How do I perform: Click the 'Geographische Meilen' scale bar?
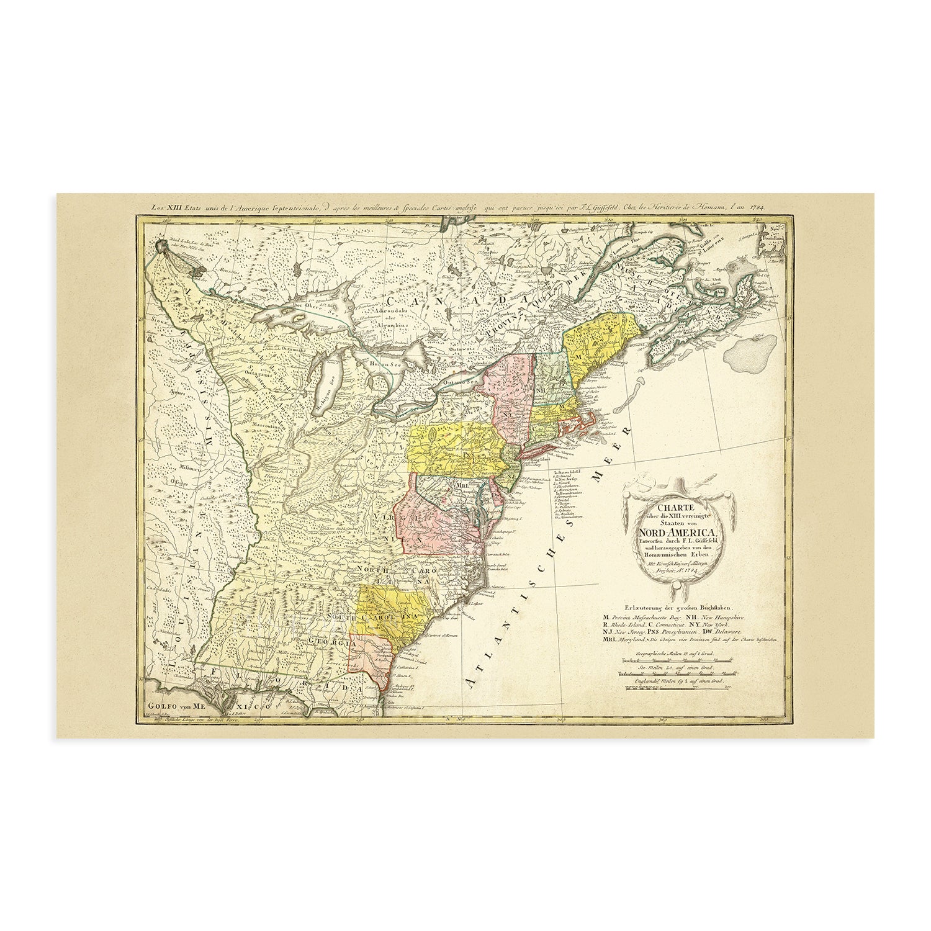[x=677, y=660]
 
